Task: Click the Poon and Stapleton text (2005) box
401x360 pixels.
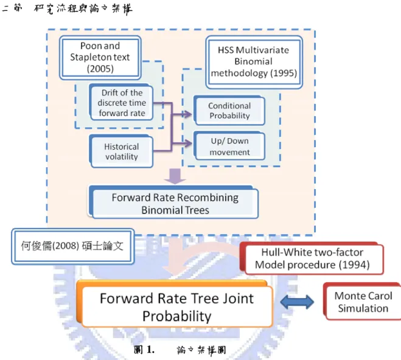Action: (x=100, y=58)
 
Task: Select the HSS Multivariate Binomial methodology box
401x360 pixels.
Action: (x=254, y=62)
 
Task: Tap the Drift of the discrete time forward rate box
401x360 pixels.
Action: (x=121, y=102)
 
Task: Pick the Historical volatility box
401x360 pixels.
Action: (x=121, y=151)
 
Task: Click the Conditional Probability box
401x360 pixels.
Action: (x=229, y=111)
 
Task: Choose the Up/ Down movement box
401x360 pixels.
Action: (x=229, y=146)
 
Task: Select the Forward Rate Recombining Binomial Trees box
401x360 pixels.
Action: (x=173, y=202)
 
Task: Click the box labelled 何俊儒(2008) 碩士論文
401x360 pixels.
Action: (x=72, y=246)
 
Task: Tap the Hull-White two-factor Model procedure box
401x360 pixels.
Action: (x=312, y=258)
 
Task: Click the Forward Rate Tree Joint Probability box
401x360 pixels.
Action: (x=175, y=304)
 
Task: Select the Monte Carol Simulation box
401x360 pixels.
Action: (x=363, y=302)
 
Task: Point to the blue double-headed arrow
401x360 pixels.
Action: (x=297, y=302)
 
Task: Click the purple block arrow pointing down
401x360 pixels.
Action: (x=175, y=176)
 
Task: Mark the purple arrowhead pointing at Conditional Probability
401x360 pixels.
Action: (x=187, y=114)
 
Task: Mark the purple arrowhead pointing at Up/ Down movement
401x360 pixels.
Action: (x=187, y=144)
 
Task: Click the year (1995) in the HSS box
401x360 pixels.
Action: (x=284, y=74)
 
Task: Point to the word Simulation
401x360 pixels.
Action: (x=363, y=308)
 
